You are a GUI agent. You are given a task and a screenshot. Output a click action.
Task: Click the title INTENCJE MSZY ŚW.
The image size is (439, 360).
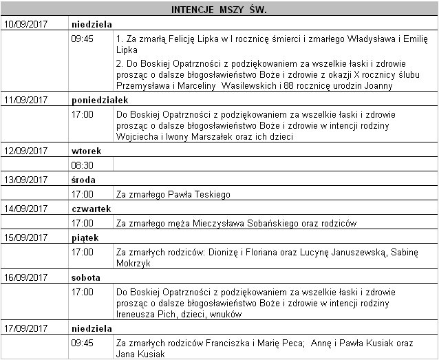click(219, 10)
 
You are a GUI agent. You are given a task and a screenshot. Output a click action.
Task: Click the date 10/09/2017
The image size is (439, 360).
click(26, 24)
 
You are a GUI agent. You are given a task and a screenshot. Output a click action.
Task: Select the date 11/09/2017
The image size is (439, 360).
click(26, 100)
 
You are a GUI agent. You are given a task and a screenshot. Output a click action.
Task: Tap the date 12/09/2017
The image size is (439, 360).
click(26, 151)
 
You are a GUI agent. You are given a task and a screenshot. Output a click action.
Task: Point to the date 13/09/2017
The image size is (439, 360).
click(26, 180)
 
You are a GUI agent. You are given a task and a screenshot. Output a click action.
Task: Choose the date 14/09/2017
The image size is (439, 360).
click(26, 209)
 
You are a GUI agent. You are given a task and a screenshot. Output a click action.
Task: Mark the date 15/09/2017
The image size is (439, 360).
click(26, 237)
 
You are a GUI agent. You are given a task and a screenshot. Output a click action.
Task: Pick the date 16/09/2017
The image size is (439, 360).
click(26, 278)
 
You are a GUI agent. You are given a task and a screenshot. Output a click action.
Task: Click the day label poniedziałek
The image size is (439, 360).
click(100, 100)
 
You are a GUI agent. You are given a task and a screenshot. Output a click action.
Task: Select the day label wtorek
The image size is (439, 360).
click(86, 151)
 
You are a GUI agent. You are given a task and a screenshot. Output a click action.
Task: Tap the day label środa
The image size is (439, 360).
click(83, 180)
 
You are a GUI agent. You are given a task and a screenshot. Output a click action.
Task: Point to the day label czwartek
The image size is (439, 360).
click(91, 209)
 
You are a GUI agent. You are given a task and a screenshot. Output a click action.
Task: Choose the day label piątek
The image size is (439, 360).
click(85, 237)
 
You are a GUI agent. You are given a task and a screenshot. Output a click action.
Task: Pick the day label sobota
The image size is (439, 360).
click(86, 278)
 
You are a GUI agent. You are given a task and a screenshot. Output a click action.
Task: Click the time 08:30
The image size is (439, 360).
click(82, 165)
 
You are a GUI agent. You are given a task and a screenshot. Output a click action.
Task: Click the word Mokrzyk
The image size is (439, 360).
click(133, 263)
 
